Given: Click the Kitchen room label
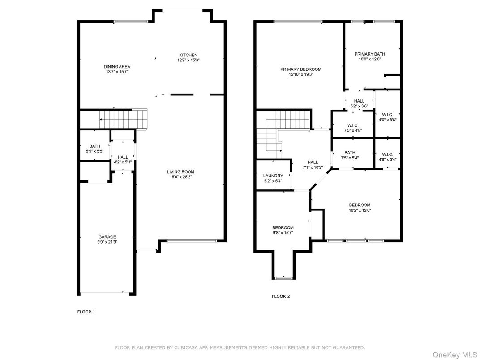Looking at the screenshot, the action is click(x=188, y=55).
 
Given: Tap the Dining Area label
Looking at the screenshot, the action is click(x=117, y=66).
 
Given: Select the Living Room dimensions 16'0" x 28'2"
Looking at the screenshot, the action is click(x=180, y=177).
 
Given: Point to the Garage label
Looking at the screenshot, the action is click(x=107, y=236).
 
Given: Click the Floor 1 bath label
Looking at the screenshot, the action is click(x=94, y=146).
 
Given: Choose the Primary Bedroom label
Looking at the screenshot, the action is click(x=301, y=69).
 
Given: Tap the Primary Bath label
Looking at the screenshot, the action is click(x=370, y=54).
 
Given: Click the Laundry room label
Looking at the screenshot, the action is click(x=273, y=176).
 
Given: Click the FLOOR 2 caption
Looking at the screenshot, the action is click(x=281, y=296).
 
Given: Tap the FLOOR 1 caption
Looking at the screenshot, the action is click(x=86, y=312).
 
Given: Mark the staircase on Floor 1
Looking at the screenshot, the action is click(x=124, y=119).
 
